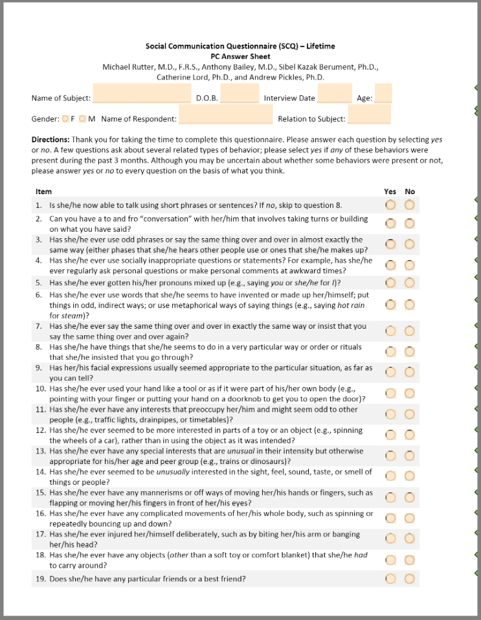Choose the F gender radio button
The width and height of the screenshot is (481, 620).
[66, 118]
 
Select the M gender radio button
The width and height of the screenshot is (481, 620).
[83, 118]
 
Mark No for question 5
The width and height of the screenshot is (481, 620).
[409, 283]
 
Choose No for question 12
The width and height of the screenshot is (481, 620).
[409, 435]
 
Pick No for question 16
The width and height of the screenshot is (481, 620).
[409, 518]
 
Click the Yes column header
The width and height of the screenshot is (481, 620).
[390, 192]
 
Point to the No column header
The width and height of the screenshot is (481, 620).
[410, 192]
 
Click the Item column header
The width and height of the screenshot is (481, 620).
[43, 192]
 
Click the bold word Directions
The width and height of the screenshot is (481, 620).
[50, 140]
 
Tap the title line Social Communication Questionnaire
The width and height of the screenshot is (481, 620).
[240, 47]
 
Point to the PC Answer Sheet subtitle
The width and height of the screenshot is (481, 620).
[240, 56]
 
